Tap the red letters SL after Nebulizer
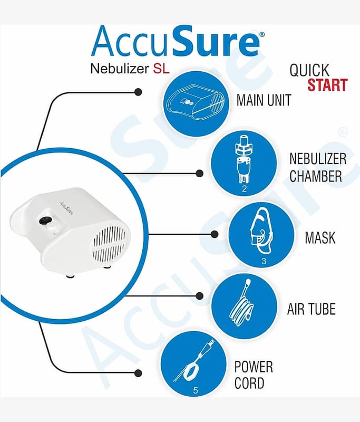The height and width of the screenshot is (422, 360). [161, 69]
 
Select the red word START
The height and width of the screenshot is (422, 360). [327, 85]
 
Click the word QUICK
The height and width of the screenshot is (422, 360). [309, 70]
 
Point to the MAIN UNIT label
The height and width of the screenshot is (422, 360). [264, 100]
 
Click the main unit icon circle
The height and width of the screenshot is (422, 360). [196, 103]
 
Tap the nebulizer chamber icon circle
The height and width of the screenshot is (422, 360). [244, 164]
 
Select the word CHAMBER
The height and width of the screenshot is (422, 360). [315, 176]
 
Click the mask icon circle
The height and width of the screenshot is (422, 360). [261, 235]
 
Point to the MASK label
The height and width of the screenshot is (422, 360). [320, 238]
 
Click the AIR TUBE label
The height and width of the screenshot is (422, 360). [312, 309]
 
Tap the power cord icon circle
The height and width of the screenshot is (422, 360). [193, 364]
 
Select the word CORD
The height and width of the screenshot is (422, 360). [249, 383]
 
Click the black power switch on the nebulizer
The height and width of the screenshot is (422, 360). [45, 220]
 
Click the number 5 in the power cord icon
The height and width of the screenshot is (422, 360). [196, 390]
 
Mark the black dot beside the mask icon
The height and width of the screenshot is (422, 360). [215, 234]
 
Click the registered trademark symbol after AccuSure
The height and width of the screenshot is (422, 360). [262, 34]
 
